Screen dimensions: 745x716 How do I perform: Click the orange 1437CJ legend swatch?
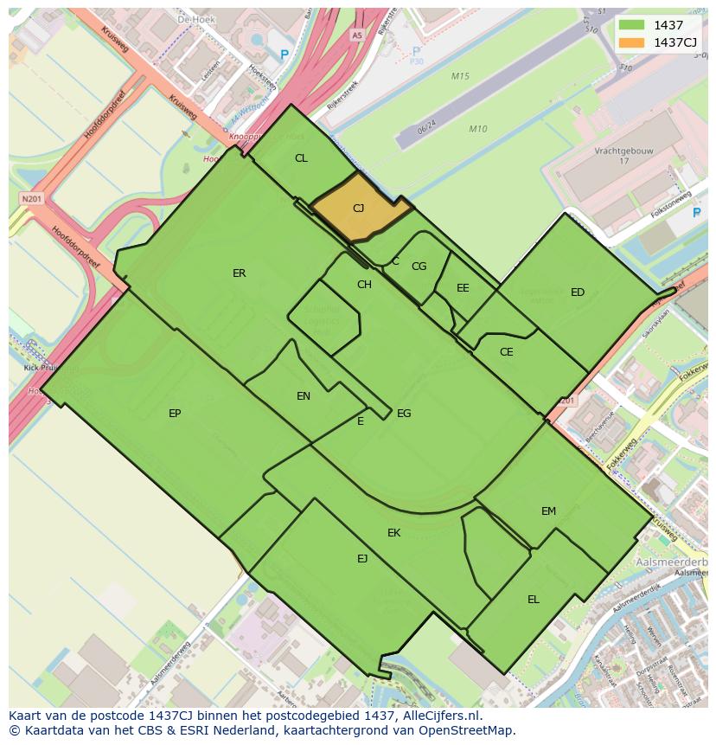click(x=631, y=42)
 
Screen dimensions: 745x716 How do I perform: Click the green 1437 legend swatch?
click(x=631, y=25)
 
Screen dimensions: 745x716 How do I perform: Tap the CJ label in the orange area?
click(x=358, y=209)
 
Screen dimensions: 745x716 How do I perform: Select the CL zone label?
click(x=301, y=158)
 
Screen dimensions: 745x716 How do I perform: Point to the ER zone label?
click(x=240, y=273)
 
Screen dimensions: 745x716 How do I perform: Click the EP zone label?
click(x=175, y=414)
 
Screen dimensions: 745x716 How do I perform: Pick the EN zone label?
click(x=304, y=396)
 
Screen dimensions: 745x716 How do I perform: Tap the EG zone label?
click(x=404, y=414)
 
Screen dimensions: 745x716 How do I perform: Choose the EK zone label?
click(x=393, y=533)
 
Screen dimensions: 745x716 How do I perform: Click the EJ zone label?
click(x=362, y=559)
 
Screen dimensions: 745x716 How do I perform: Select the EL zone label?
click(x=534, y=600)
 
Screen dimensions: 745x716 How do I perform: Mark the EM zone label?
click(x=548, y=511)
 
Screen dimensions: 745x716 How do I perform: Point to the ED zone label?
click(x=578, y=292)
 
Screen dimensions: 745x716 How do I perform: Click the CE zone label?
click(x=507, y=352)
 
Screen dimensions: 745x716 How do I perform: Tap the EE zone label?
click(x=463, y=288)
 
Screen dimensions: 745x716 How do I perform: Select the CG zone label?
click(x=419, y=267)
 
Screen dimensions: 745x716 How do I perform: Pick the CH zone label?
click(x=364, y=285)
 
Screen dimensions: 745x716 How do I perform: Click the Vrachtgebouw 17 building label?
click(x=623, y=156)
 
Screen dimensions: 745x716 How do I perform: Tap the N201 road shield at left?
click(x=31, y=199)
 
